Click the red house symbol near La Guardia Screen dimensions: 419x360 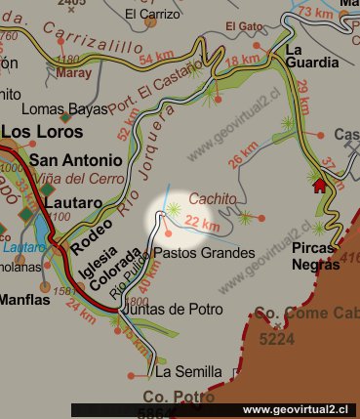tap(318, 186)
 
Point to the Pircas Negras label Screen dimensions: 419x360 tap(314, 257)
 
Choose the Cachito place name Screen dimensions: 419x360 tap(213, 198)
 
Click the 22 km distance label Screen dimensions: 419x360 tap(202, 225)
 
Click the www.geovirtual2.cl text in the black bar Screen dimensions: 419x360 tap(298, 409)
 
